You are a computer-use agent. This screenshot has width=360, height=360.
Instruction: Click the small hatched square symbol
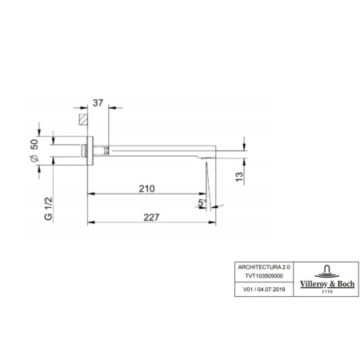[x=81, y=119]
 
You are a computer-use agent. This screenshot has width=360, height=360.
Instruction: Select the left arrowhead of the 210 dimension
[x=90, y=194]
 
